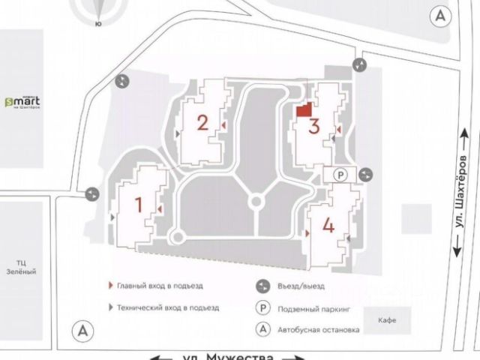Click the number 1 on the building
(138, 203)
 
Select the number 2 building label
(202, 122)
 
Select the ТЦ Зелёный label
(27, 267)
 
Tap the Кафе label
(388, 319)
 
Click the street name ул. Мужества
(239, 355)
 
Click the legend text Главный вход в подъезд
(160, 286)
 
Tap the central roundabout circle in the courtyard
(256, 201)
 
